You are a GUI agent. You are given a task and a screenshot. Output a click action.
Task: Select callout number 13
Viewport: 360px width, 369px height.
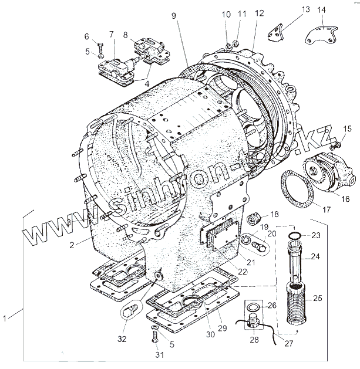point(305,9)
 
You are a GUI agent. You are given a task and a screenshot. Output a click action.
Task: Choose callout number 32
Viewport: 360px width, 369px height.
point(122,338)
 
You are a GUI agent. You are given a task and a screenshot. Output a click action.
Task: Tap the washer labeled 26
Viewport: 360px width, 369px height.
point(253,307)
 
